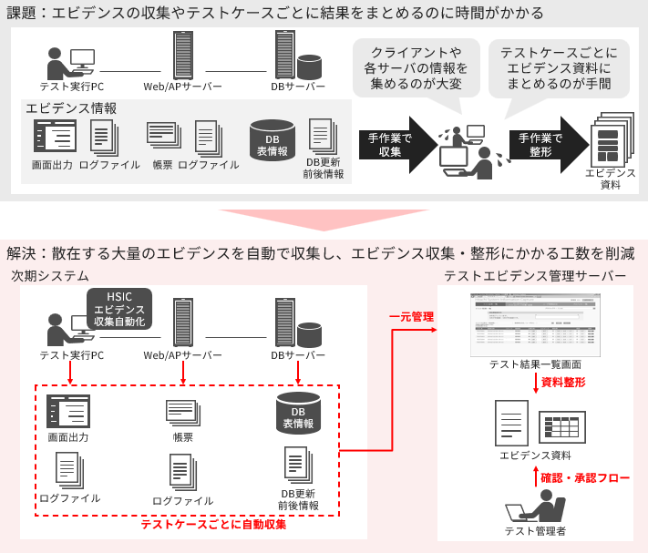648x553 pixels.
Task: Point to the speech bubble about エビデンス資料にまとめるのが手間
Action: click(x=559, y=67)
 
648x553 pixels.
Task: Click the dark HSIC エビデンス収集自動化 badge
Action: click(x=119, y=309)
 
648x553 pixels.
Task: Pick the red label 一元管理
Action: click(x=411, y=317)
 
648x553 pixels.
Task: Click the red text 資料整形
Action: click(x=563, y=383)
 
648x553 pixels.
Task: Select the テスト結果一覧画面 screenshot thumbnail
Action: click(x=535, y=324)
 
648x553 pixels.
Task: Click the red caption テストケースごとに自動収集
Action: click(x=213, y=525)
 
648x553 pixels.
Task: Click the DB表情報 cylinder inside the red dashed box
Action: click(x=298, y=413)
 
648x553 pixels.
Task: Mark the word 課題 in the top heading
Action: click(x=25, y=13)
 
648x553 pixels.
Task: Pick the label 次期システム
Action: click(x=50, y=276)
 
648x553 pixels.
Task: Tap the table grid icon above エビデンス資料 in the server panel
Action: click(x=562, y=427)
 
